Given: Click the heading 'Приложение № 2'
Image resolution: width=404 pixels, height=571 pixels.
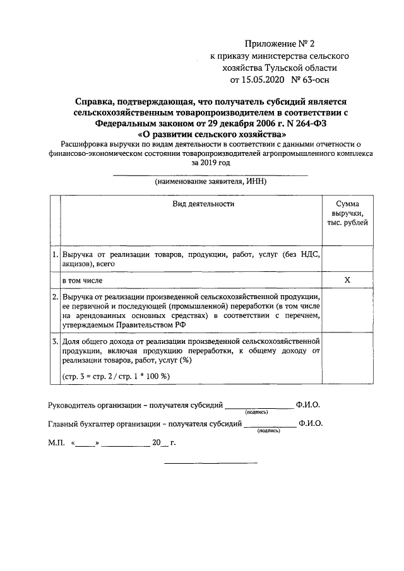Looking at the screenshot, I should click(278, 44).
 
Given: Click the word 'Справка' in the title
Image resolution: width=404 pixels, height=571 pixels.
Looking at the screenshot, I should click(96, 101).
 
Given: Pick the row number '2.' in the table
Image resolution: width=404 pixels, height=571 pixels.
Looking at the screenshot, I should click(55, 296).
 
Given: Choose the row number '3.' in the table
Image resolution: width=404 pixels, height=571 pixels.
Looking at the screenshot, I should click(55, 341).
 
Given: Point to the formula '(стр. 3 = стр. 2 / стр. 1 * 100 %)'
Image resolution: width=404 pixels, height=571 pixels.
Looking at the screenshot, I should click(117, 377).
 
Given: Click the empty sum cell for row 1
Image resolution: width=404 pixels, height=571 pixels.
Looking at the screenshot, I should click(347, 259).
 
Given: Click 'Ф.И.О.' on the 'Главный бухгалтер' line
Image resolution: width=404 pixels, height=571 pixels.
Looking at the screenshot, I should click(311, 424).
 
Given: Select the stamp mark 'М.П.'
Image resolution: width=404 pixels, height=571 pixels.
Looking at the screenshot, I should click(57, 443).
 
